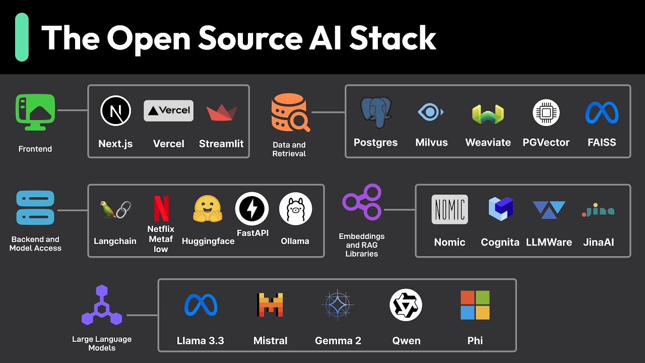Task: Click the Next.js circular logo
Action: [115, 111]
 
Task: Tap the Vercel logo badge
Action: [168, 110]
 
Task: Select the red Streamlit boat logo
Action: [222, 112]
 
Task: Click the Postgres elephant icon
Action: [376, 112]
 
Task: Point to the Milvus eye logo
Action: [431, 112]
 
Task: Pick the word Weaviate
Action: [488, 143]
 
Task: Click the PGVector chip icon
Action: [546, 112]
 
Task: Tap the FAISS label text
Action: [602, 143]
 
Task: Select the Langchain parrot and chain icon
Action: [116, 209]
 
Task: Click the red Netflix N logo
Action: [161, 209]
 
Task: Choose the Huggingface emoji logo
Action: [208, 209]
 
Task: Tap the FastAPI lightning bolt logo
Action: [252, 209]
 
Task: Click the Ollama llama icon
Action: [295, 209]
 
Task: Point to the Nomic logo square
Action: [449, 209]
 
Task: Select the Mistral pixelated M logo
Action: [270, 305]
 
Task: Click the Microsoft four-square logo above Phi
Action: [475, 305]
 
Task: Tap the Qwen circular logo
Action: [406, 305]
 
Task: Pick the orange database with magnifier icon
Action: [290, 112]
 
